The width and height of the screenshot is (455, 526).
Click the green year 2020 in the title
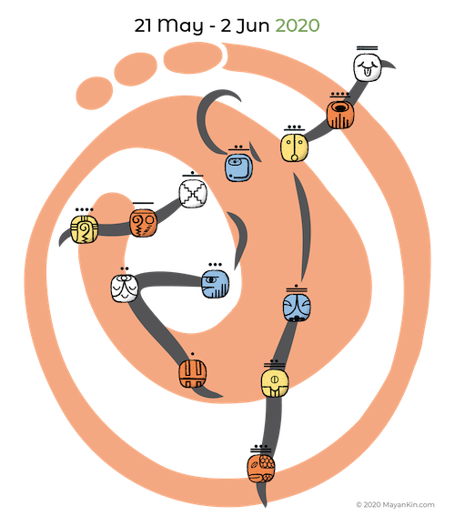click(x=298, y=25)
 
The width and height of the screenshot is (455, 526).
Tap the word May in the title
click(x=180, y=26)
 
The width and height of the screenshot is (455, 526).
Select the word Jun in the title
click(x=253, y=25)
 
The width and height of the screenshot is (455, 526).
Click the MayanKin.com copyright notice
click(x=395, y=504)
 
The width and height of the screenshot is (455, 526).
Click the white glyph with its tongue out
click(x=368, y=67)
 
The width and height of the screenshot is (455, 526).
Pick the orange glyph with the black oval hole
click(x=340, y=115)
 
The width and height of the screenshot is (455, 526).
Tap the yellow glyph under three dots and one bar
click(x=294, y=147)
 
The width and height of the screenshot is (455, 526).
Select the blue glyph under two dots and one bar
click(x=238, y=167)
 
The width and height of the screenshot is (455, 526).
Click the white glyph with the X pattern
click(x=193, y=193)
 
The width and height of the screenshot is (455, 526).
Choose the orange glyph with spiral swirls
click(x=143, y=223)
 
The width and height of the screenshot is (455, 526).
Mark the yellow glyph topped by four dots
click(x=85, y=229)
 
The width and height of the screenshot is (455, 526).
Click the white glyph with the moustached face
click(x=125, y=288)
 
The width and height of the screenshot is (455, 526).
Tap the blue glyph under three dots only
click(x=216, y=284)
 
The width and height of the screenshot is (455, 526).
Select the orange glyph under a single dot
click(x=192, y=373)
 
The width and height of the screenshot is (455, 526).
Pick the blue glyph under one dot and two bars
click(x=297, y=308)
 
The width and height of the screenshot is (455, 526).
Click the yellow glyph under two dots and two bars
click(x=275, y=383)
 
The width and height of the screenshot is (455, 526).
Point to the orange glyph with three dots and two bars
click(x=261, y=469)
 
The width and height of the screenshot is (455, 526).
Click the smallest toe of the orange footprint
click(x=95, y=93)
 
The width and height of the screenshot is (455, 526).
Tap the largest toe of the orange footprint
click(x=193, y=57)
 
